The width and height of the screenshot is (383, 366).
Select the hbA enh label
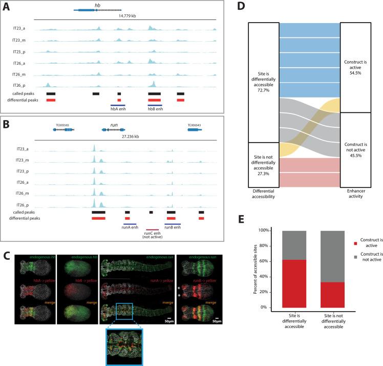pyautogui.click(x=118, y=109)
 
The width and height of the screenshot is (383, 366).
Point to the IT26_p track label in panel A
pyautogui.click(x=23, y=84)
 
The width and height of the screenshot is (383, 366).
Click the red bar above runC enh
pyautogui.click(x=152, y=229)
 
